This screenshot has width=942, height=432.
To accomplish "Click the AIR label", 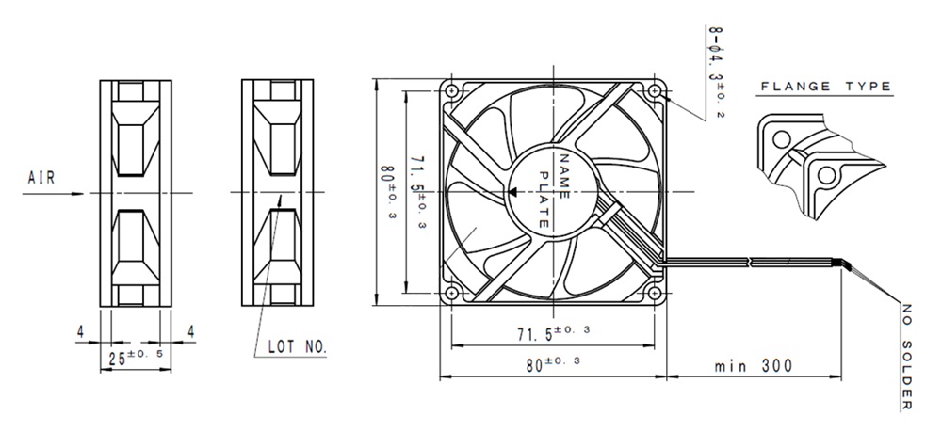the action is pyautogui.click(x=41, y=178).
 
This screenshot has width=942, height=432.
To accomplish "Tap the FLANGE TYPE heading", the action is pyautogui.click(x=826, y=87).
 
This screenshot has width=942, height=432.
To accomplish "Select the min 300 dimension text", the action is pyautogui.click(x=754, y=365).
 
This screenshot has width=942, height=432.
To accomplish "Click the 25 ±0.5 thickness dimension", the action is pyautogui.click(x=136, y=357).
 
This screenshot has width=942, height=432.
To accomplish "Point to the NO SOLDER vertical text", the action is pyautogui.click(x=907, y=358).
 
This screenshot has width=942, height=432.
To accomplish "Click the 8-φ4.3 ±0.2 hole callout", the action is pyautogui.click(x=715, y=72).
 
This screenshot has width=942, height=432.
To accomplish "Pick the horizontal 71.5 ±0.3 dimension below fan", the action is pyautogui.click(x=553, y=333).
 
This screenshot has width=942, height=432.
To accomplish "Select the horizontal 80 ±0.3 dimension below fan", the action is pyautogui.click(x=553, y=364).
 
